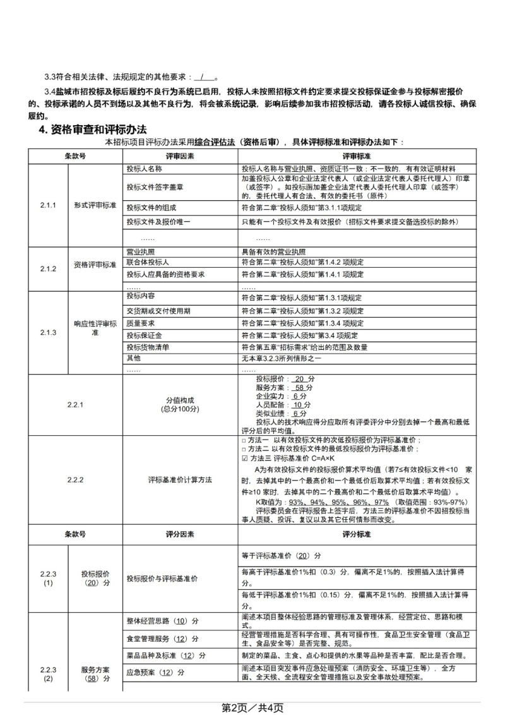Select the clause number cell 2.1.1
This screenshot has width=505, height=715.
(x=48, y=206)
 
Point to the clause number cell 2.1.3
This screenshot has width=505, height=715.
(x=48, y=332)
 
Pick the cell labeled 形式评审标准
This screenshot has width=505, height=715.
(x=95, y=206)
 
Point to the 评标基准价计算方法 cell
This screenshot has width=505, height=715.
(x=180, y=479)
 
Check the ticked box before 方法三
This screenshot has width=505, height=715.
(x=245, y=458)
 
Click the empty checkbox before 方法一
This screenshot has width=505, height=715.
(x=245, y=440)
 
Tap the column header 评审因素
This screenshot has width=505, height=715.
(x=180, y=155)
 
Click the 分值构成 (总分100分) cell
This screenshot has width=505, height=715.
(x=180, y=404)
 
